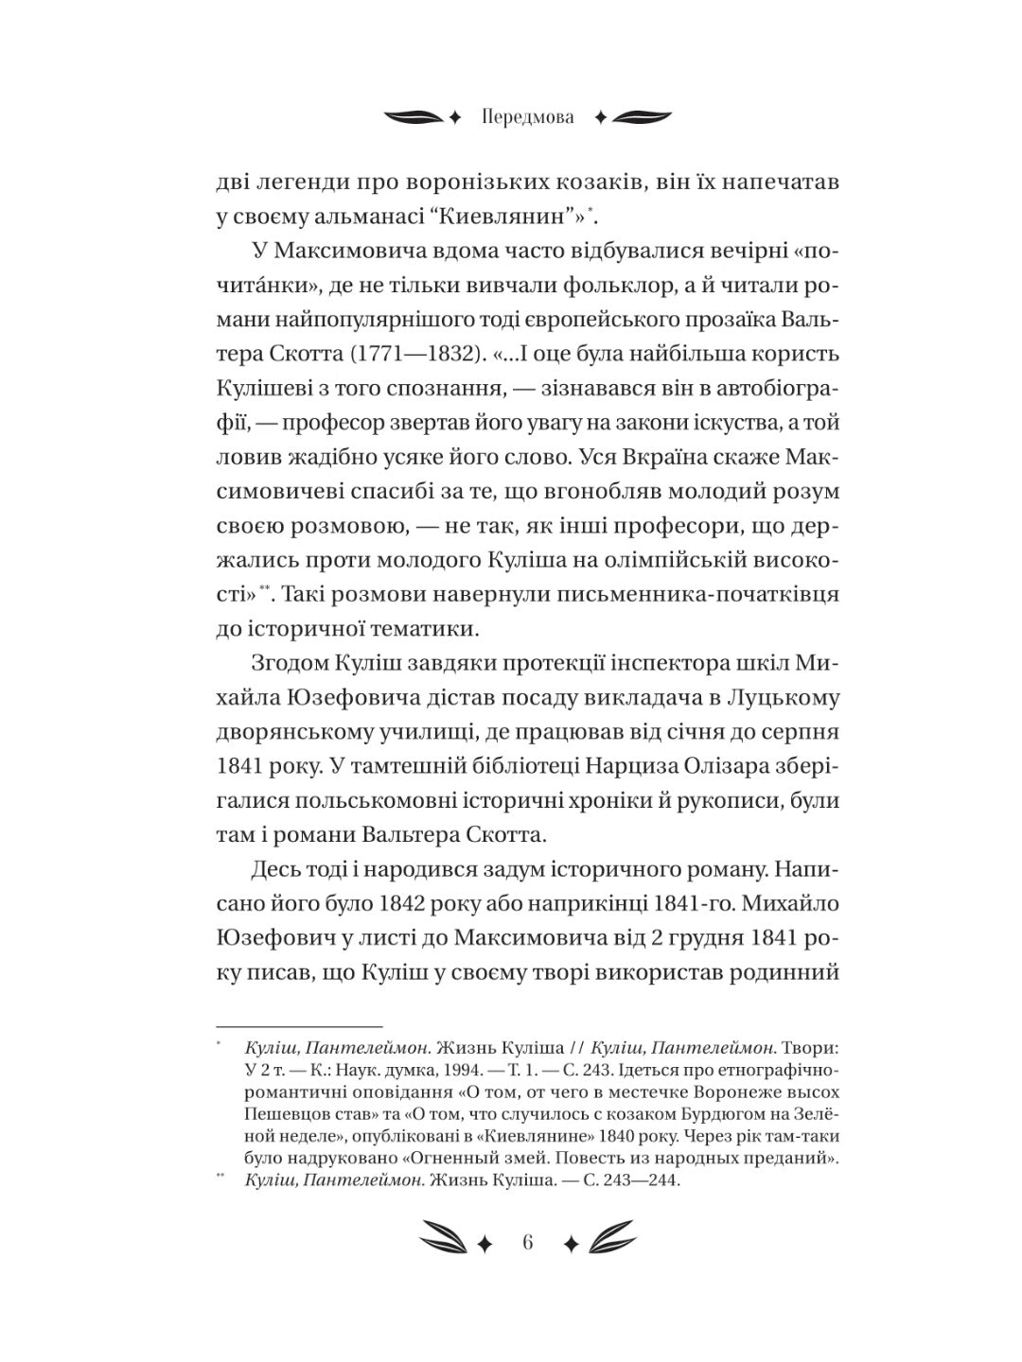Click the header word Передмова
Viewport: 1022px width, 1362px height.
pos(527,118)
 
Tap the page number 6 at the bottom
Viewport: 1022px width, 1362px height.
pos(527,1242)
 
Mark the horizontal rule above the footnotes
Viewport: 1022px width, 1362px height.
pos(299,1025)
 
